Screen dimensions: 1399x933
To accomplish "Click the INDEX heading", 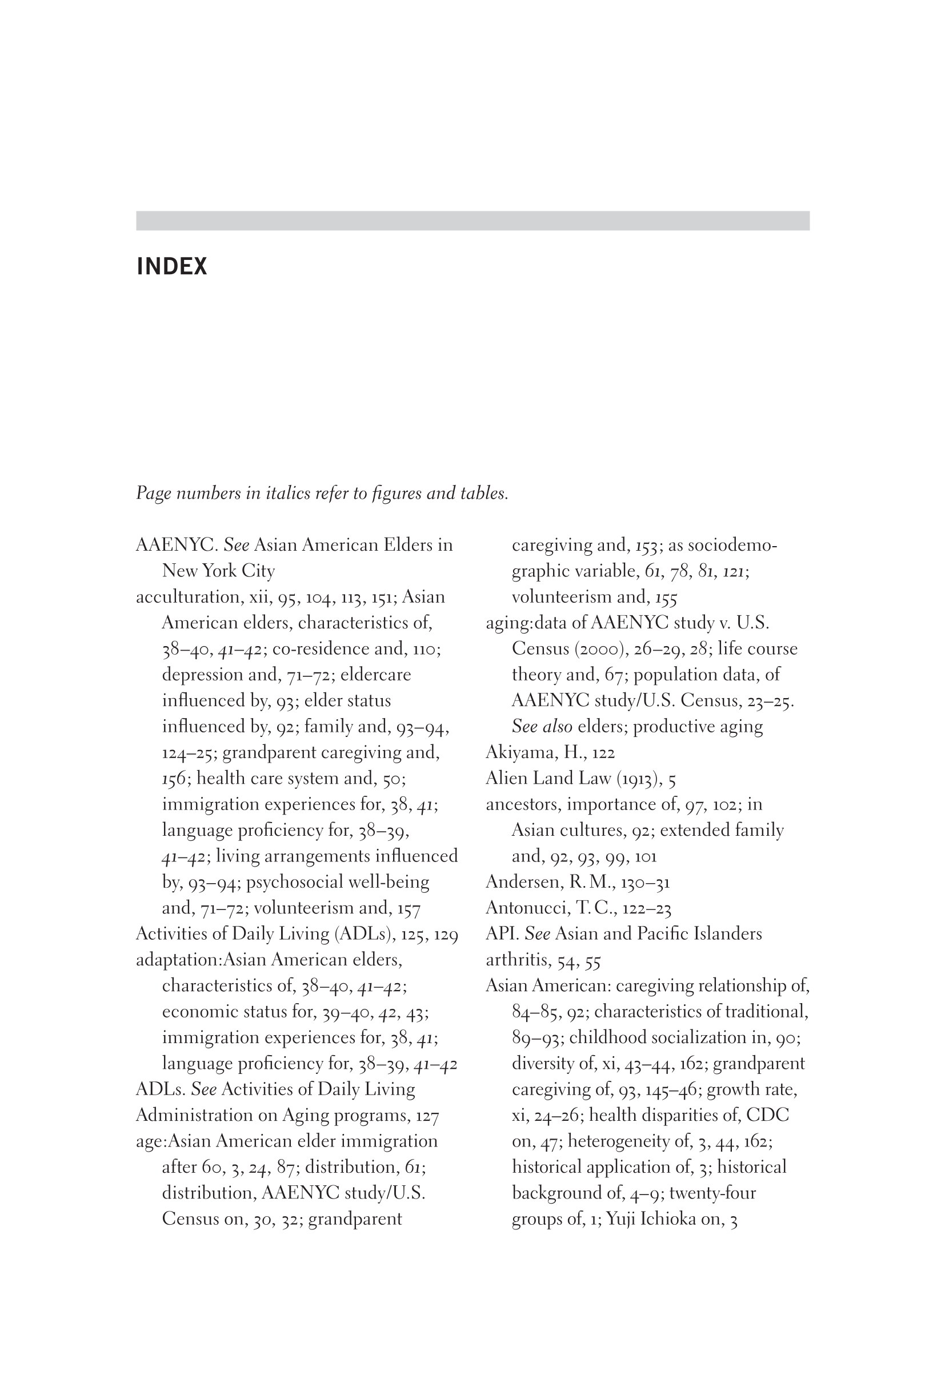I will coord(172,266).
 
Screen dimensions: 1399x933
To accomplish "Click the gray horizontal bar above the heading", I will coord(472,221).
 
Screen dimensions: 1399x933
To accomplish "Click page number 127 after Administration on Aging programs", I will coord(427,1116).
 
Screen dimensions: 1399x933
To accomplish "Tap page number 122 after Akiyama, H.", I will coord(603,753).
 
